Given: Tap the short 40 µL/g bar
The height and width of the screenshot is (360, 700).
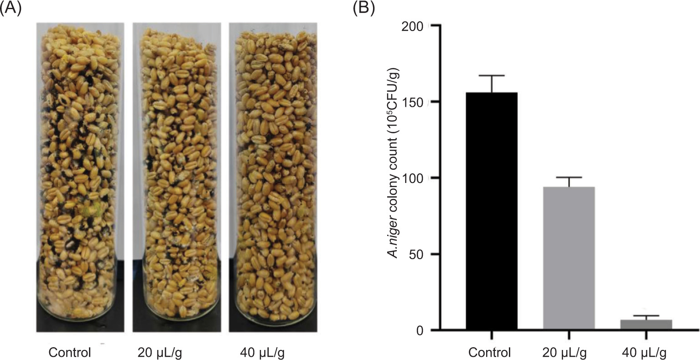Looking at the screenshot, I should (x=646, y=324).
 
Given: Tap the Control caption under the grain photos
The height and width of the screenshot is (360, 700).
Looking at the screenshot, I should (x=70, y=352).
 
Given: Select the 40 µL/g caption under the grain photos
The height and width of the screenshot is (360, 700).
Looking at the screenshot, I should (x=265, y=352).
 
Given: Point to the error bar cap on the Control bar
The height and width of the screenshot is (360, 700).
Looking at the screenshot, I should (x=492, y=75).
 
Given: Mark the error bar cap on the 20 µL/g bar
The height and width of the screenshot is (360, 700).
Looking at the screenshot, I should (x=569, y=177).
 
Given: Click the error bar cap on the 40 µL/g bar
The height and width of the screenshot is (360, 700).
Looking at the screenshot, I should (x=646, y=316).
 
